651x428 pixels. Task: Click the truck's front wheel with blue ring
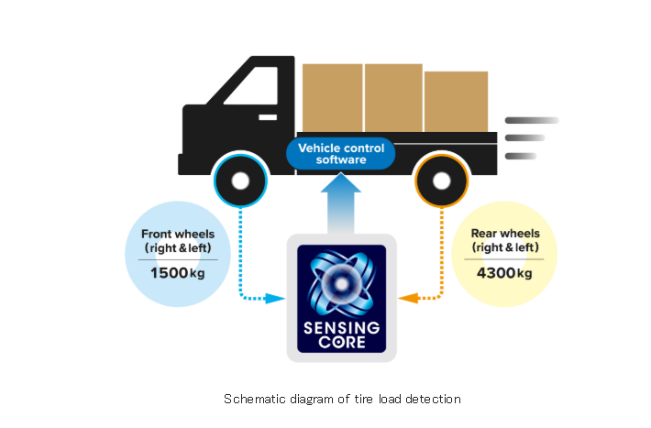238,180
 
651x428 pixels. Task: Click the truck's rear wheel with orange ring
440,181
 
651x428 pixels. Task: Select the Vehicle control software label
341,154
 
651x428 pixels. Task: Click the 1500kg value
178,273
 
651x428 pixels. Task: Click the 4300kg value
504,273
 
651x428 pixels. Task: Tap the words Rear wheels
504,235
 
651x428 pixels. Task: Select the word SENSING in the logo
341,329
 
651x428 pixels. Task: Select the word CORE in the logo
341,344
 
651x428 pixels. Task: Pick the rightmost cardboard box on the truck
456,101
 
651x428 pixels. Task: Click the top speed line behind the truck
532,120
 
